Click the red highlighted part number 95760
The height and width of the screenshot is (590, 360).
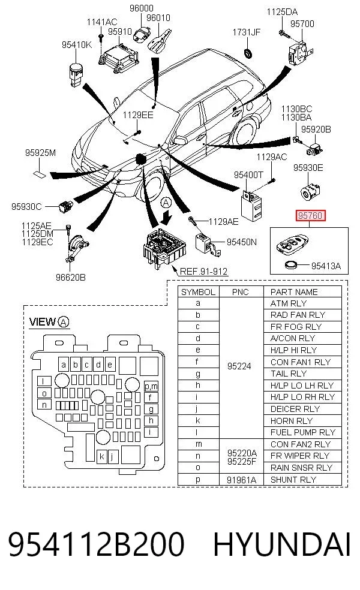[310, 215]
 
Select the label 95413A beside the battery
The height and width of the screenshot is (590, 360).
[326, 266]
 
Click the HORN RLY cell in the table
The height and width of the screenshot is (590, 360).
[292, 421]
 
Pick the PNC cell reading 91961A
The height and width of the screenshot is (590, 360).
[241, 480]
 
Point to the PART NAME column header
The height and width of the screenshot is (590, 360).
[294, 292]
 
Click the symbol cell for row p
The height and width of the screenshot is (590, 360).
[198, 480]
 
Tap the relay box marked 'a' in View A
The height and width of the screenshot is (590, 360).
[64, 364]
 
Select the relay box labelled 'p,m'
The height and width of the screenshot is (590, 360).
[151, 386]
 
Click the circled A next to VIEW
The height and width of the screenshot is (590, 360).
[64, 322]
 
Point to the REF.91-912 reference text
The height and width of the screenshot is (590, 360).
[204, 271]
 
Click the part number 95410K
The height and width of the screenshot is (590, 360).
[76, 45]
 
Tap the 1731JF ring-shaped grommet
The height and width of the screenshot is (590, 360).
[249, 53]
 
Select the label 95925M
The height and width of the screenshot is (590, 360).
[40, 153]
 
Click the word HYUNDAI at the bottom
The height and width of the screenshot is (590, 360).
[282, 544]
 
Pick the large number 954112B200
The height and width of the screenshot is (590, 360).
[97, 544]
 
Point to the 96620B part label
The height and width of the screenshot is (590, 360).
[70, 278]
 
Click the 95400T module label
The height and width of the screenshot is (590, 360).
[248, 174]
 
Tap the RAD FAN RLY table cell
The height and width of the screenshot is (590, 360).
[298, 315]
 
